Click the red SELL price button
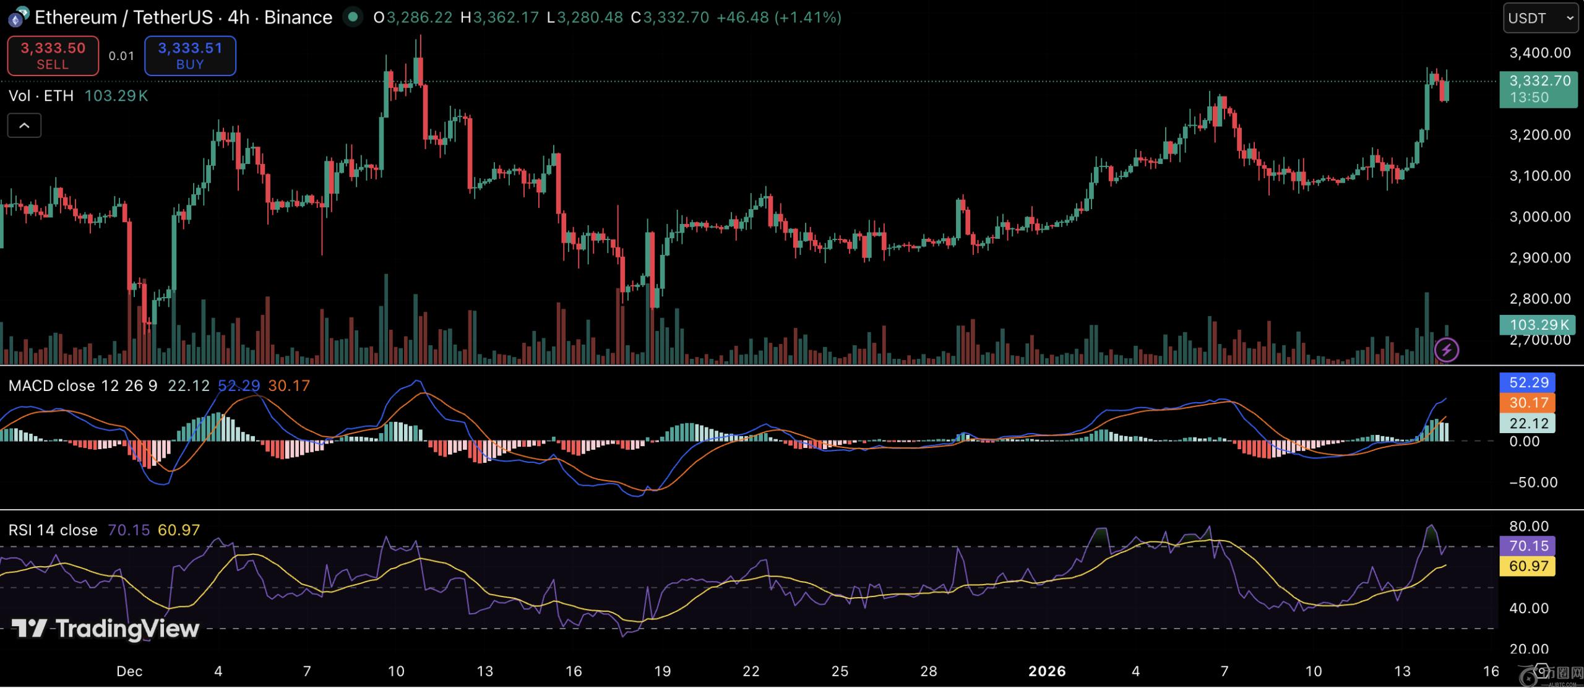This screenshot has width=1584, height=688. [53, 56]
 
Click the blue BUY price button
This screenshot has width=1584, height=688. [190, 56]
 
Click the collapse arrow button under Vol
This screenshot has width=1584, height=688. [24, 126]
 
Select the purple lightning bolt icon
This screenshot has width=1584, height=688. [1446, 350]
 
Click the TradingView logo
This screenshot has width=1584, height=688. [105, 629]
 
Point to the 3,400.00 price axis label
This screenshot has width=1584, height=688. [1539, 53]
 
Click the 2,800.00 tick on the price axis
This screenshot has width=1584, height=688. [1539, 299]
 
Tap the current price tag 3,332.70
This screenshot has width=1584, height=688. [1538, 88]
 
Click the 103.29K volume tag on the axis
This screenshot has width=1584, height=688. [1538, 324]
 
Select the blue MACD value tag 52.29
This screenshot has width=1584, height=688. [1528, 382]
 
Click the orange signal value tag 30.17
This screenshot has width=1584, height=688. [1528, 403]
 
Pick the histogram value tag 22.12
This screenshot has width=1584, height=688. [1528, 423]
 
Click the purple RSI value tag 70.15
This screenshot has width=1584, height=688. [1528, 546]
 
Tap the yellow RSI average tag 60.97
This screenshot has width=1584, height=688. [1528, 565]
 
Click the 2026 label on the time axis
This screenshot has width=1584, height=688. [1047, 671]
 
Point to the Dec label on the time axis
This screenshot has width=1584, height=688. [129, 671]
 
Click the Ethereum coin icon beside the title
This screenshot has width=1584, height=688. [17, 18]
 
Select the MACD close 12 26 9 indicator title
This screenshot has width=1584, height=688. [83, 386]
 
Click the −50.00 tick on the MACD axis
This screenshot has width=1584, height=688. [1532, 483]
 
